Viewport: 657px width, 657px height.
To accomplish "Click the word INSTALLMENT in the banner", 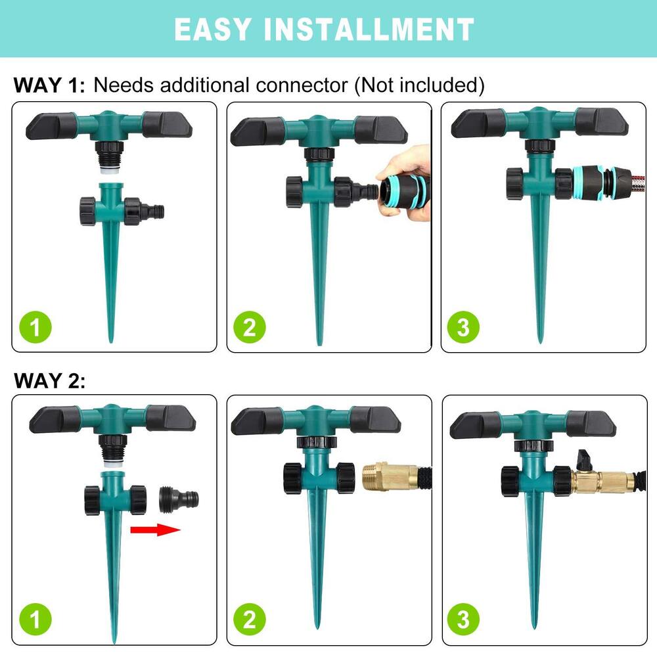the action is [x=369, y=30].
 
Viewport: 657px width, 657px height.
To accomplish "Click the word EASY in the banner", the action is [x=212, y=30].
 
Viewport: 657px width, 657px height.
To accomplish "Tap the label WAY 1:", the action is [x=49, y=85].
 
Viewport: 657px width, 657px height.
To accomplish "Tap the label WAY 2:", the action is [x=49, y=381].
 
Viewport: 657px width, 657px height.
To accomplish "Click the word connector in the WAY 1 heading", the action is [x=302, y=85].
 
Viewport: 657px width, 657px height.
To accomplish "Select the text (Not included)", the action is [x=419, y=85].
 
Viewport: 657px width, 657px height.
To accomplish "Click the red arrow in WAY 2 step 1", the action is [x=156, y=530].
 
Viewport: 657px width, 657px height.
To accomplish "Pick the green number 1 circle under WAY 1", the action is [x=35, y=327].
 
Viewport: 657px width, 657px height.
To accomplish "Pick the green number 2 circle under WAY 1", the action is [x=250, y=327].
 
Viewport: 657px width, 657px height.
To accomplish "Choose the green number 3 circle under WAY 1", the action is [x=463, y=327].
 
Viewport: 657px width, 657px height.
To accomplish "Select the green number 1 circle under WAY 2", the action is [x=35, y=620].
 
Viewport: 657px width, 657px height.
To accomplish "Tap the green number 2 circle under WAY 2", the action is [x=250, y=620].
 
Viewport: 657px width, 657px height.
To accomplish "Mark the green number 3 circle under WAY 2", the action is [x=463, y=620].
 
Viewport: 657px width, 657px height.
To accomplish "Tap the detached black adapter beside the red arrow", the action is [x=179, y=499].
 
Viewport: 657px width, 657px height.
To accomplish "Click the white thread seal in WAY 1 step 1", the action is [x=110, y=170].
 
